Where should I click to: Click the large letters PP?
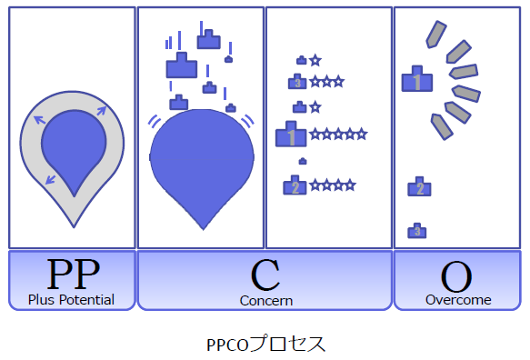pos(73,274)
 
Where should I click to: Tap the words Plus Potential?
pos(72,299)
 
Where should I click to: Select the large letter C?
pos(265,275)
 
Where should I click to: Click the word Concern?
pos(265,300)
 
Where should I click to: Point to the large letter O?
pos(457,275)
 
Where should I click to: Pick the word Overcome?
pos(458,299)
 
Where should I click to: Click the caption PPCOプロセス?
pos(265,345)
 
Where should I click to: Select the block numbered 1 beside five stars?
pos(291,136)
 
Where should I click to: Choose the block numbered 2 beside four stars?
pos(295,186)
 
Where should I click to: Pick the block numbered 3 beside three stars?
pos(298,82)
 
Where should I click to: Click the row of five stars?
pos(338,135)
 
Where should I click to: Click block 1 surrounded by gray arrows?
pos(416,80)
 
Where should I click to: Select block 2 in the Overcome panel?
pos(419,188)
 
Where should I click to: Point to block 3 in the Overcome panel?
pos(417,230)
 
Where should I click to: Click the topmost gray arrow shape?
pos(436,34)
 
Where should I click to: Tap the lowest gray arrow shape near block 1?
pos(442,125)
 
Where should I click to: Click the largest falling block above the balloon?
pos(182,66)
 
